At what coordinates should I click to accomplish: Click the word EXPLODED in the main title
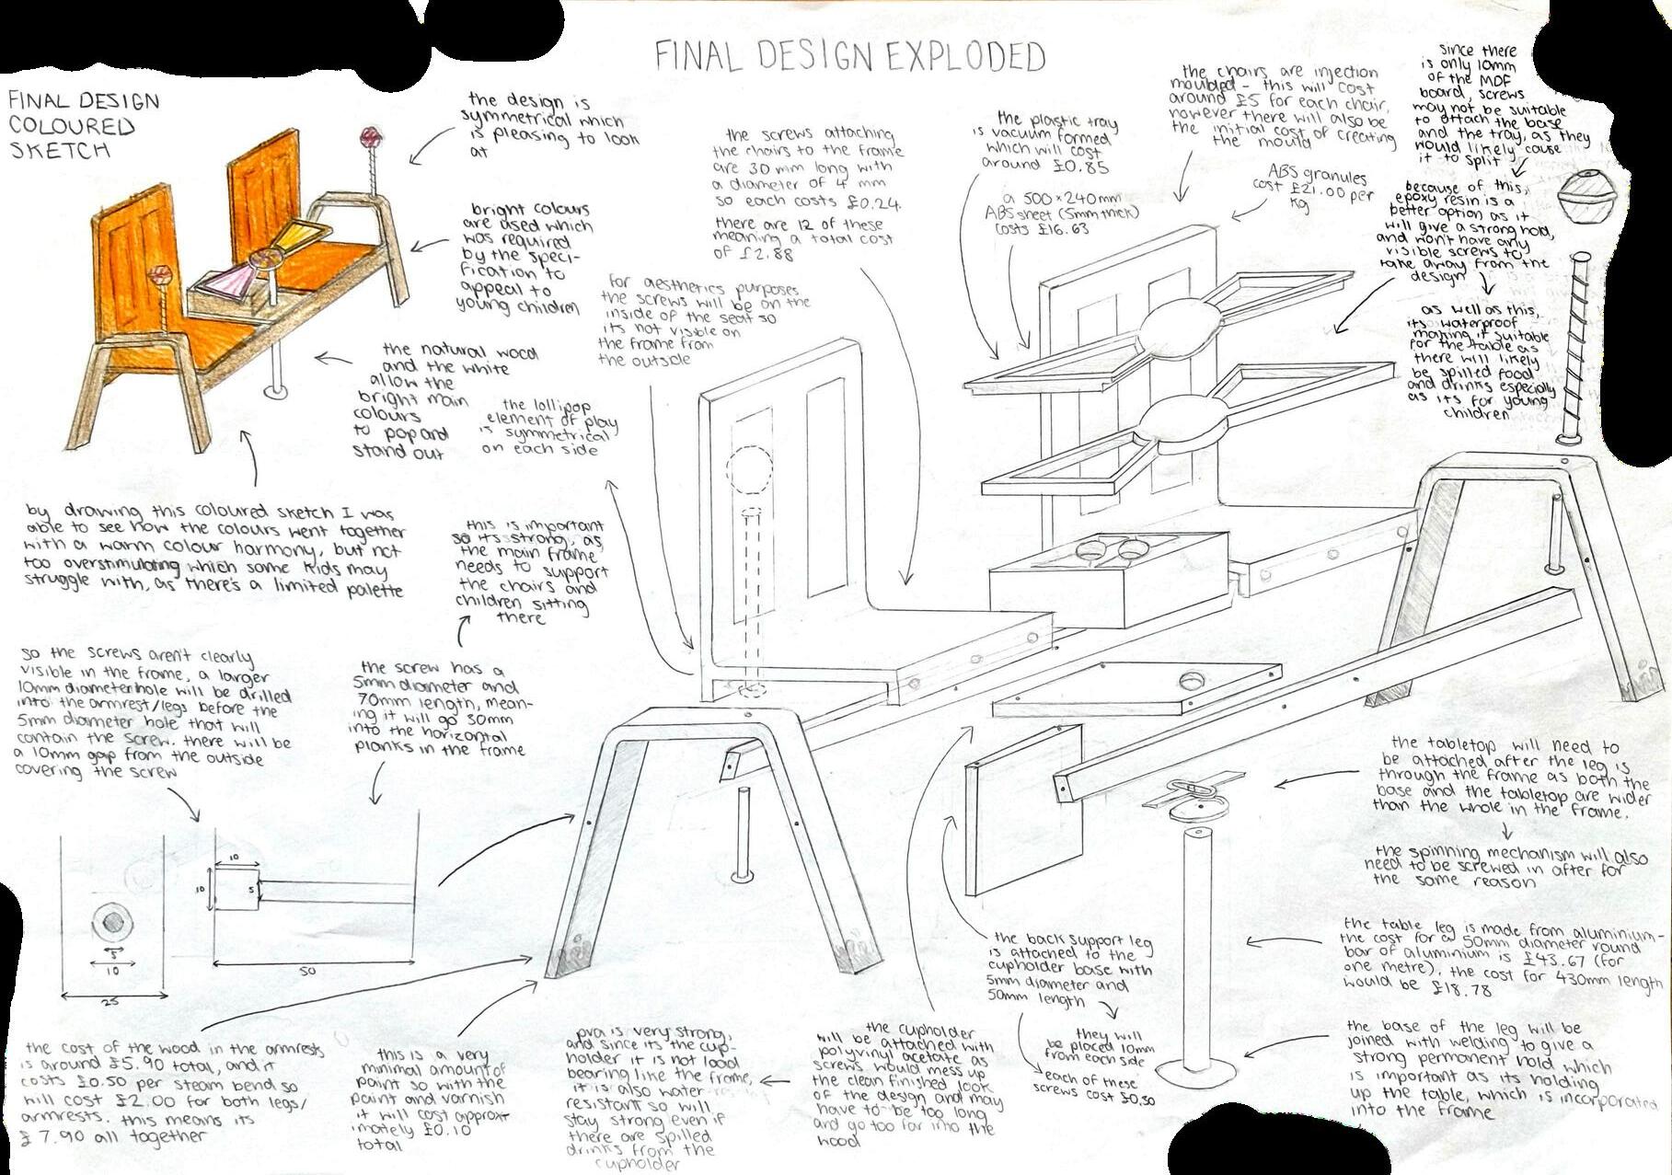pyautogui.click(x=965, y=57)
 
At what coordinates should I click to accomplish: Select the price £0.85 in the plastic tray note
pyautogui.click(x=1085, y=167)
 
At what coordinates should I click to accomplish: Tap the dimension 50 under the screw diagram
pyautogui.click(x=306, y=971)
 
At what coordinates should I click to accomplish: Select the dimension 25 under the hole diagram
pyautogui.click(x=110, y=1002)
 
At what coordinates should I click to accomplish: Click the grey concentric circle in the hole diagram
pyautogui.click(x=113, y=920)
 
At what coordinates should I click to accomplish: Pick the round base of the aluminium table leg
pyautogui.click(x=1195, y=1072)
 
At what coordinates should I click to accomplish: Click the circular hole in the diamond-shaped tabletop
pyautogui.click(x=1193, y=682)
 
